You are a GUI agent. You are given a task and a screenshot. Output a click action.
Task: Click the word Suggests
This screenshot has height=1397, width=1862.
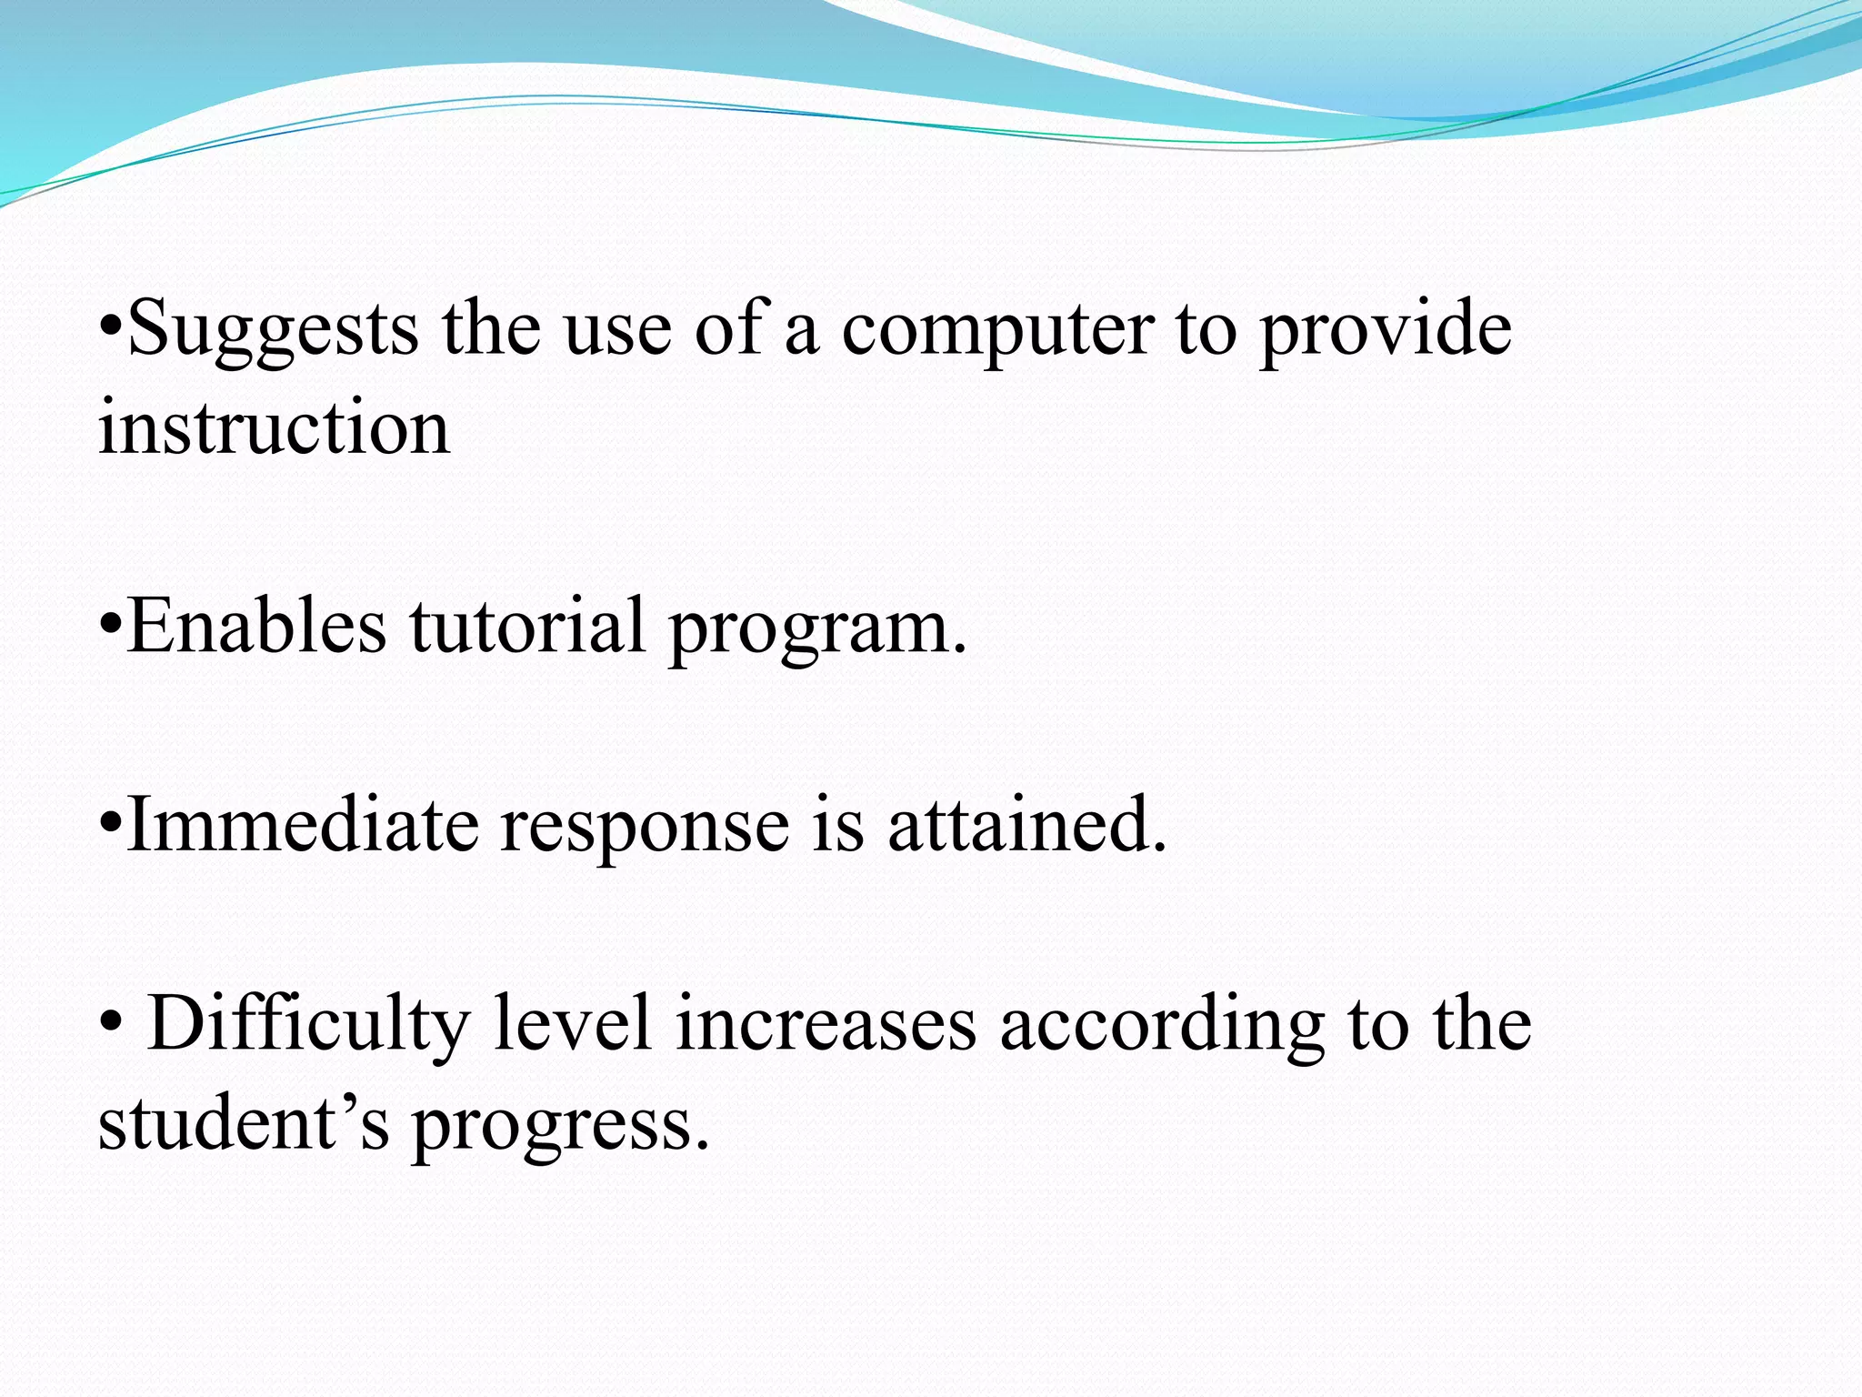click(x=273, y=329)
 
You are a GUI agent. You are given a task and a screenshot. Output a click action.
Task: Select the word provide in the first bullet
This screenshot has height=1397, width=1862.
click(x=1386, y=329)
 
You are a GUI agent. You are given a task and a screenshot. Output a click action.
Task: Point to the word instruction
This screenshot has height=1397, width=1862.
click(x=274, y=427)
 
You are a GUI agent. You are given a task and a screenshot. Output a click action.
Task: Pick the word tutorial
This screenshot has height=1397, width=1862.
click(x=527, y=626)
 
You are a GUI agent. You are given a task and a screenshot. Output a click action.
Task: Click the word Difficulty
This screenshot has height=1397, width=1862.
click(x=308, y=1024)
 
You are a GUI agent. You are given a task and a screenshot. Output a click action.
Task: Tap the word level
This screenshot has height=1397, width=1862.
click(x=574, y=1024)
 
